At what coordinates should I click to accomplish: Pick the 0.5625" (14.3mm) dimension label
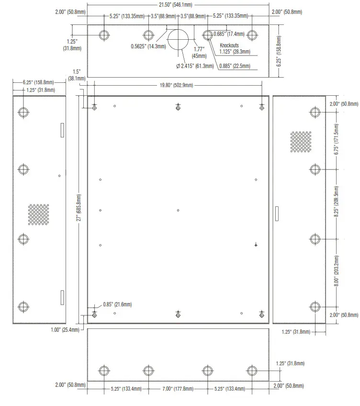[148, 46]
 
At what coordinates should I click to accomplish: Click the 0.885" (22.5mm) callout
[235, 66]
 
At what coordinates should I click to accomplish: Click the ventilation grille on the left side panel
[38, 214]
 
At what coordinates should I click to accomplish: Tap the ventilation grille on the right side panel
[300, 142]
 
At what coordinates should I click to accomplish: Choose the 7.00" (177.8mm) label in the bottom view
[178, 389]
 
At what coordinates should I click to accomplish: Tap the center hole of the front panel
[178, 210]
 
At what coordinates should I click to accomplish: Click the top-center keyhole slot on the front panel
[178, 107]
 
